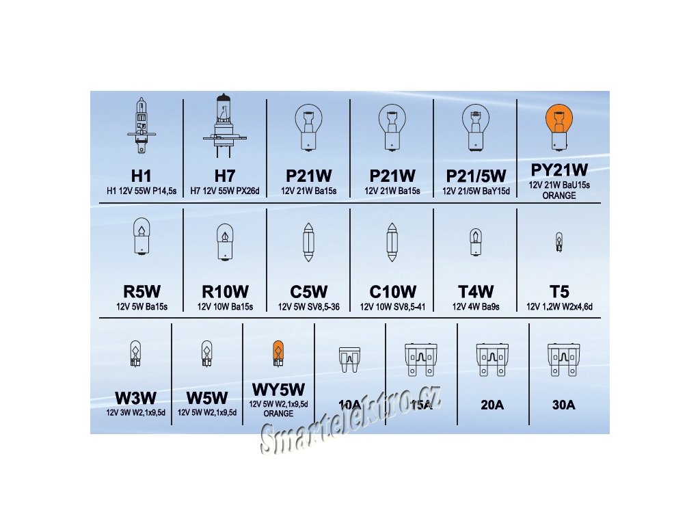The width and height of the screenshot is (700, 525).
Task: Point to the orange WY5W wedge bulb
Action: (x=278, y=352)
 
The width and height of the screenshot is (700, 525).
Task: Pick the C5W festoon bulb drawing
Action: (x=308, y=242)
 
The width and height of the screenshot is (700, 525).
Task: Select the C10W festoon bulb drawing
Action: (x=392, y=242)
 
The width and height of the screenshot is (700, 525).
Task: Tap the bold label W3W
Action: (x=136, y=398)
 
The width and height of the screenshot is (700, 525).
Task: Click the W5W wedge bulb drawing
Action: (x=206, y=353)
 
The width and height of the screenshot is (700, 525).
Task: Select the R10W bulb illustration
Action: (x=225, y=242)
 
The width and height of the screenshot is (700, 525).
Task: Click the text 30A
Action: (x=563, y=405)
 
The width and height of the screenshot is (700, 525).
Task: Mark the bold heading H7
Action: (x=225, y=176)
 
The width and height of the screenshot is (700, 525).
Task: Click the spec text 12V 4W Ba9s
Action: (x=475, y=307)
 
